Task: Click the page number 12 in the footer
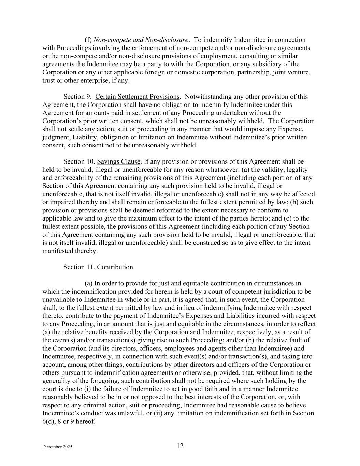point(180,446)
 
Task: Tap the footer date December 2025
point(57,447)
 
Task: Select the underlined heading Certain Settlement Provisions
point(137,97)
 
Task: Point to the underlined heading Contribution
point(115,267)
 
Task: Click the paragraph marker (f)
point(88,40)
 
